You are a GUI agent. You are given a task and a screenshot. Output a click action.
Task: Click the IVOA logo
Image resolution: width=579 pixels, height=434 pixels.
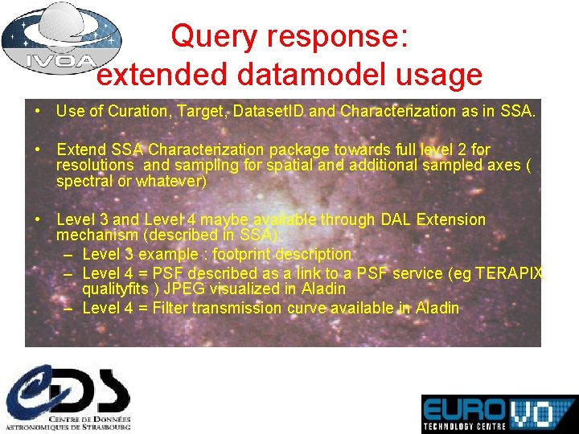60,39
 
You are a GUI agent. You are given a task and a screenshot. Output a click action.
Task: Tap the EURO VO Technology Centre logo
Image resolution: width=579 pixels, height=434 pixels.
499,414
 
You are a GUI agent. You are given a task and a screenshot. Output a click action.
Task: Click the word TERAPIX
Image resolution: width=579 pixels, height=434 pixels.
510,272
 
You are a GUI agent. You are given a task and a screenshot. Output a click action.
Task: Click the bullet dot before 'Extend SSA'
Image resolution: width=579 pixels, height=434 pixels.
39,149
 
